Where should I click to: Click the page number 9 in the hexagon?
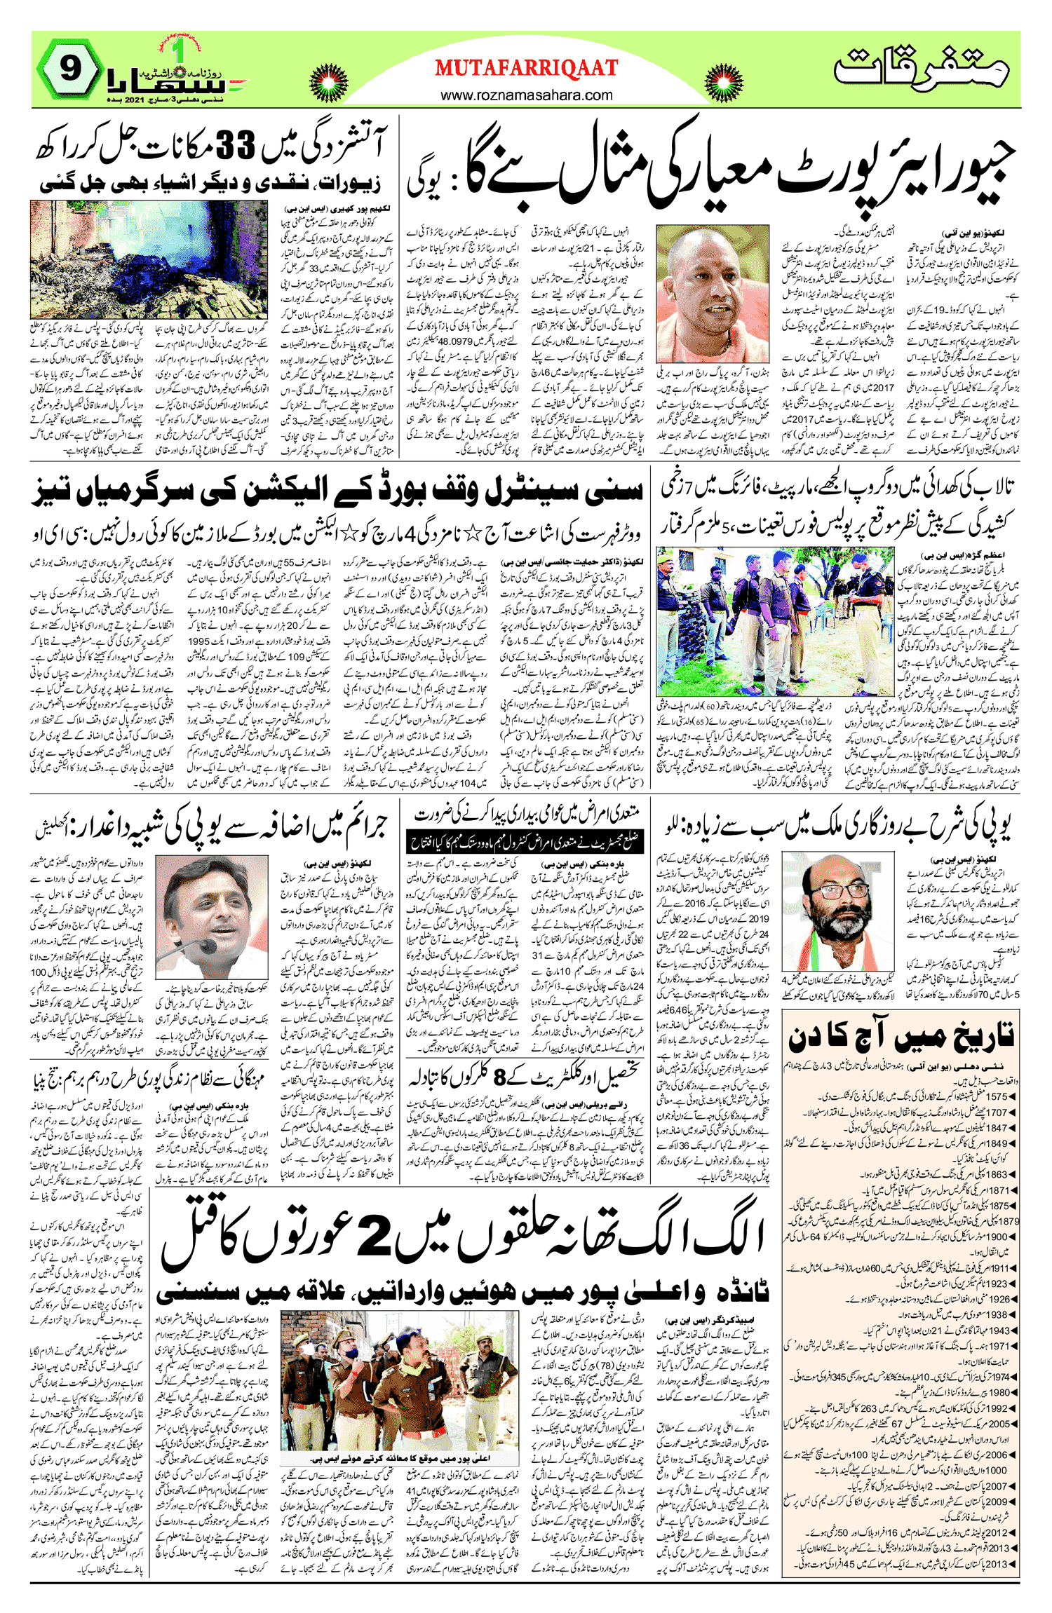click(70, 69)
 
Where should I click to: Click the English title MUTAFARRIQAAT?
click(526, 68)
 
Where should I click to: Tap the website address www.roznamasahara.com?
click(526, 95)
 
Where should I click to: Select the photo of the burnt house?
click(149, 259)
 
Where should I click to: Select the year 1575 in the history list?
click(997, 1096)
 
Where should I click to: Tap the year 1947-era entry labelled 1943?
click(998, 1330)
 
